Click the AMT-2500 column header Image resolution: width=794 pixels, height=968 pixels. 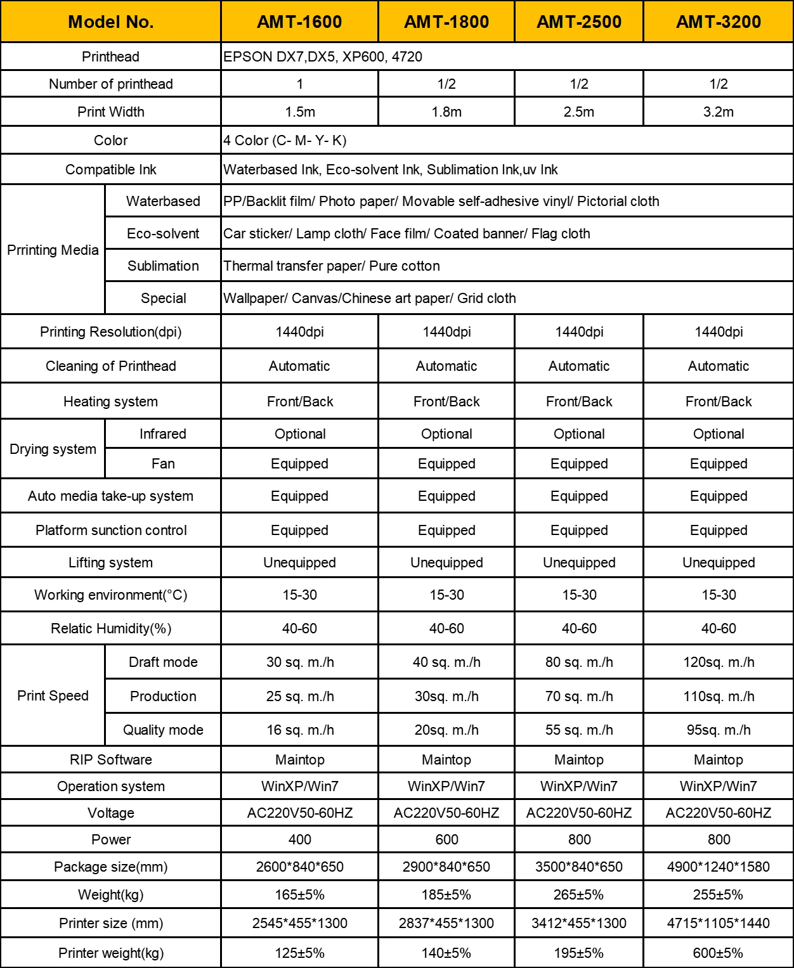coord(579,22)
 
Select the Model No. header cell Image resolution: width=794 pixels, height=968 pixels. coord(111,22)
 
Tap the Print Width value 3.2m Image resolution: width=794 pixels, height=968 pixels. coord(718,112)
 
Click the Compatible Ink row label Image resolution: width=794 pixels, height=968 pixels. coord(111,170)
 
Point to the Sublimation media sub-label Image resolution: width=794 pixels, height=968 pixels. coord(163,266)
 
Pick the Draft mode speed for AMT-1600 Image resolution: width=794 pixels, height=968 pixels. coord(300,662)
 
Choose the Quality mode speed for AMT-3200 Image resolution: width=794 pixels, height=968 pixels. coord(718,730)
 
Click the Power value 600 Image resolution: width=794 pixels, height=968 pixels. coord(446,840)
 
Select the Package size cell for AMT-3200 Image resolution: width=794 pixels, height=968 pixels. coord(718,867)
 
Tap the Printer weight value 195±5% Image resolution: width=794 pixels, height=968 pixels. coord(579,953)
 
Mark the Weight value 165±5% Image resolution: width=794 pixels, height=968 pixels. coord(300,895)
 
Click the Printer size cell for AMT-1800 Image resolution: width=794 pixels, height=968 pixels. coord(446,924)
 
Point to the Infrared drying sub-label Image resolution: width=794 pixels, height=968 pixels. coord(163,434)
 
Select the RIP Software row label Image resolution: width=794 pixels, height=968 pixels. coord(111,760)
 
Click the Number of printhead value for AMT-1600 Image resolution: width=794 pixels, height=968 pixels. coord(300,84)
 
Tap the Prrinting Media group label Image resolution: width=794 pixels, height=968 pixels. coord(53,250)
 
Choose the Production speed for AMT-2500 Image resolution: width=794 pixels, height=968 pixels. coord(579,697)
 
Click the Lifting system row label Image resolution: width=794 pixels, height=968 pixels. coord(111,563)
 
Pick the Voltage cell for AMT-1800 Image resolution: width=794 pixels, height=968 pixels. coord(446,813)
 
